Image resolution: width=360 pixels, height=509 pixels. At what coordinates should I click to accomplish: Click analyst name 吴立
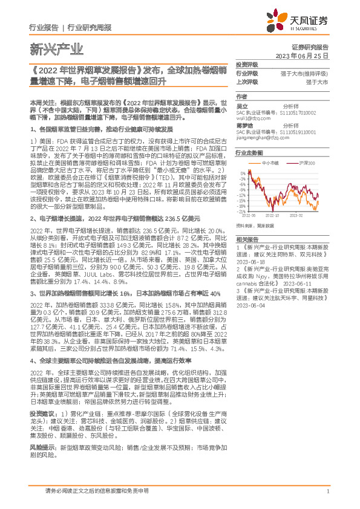pyautogui.click(x=240, y=105)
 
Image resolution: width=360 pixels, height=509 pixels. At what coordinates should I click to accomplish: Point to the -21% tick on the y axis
pyautogui.click(x=242, y=211)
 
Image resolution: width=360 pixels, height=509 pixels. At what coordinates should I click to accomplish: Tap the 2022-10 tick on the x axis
pyautogui.click(x=273, y=214)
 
